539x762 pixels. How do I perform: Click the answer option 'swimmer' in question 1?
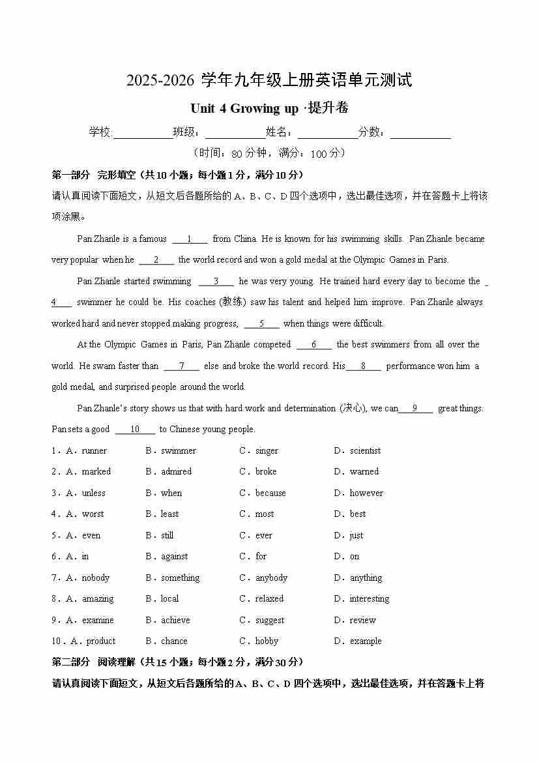pos(178,450)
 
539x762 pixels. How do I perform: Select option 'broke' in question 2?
pos(266,471)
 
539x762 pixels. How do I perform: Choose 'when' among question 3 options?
pos(171,493)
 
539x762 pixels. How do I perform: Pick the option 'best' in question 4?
pos(358,514)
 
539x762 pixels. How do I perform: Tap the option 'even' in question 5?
pos(91,535)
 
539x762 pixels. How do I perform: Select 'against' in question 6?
pos(174,556)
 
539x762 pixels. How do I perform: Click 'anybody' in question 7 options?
pos(271,578)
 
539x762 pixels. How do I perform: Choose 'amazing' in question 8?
pos(98,598)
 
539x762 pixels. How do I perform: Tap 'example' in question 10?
pos(366,641)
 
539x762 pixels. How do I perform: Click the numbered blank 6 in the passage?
pos(313,344)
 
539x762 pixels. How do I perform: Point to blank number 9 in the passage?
pos(415,408)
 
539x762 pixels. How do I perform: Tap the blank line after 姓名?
pos(328,132)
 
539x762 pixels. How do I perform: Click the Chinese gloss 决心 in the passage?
pos(353,408)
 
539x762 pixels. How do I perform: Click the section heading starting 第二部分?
pos(177,662)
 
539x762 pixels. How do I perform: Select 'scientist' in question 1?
pos(365,450)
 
